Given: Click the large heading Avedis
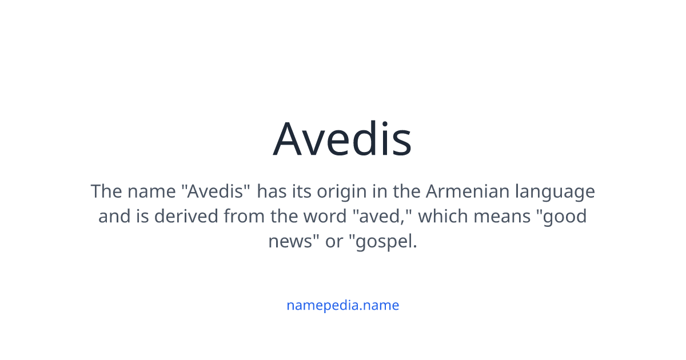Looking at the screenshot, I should (x=342, y=139).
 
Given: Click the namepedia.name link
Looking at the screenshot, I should (x=342, y=305).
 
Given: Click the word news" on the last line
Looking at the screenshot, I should (x=293, y=242).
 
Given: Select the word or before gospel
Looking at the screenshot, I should (x=334, y=242).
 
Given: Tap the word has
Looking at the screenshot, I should (x=272, y=191).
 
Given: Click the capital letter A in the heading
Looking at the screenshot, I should (x=291, y=139).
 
